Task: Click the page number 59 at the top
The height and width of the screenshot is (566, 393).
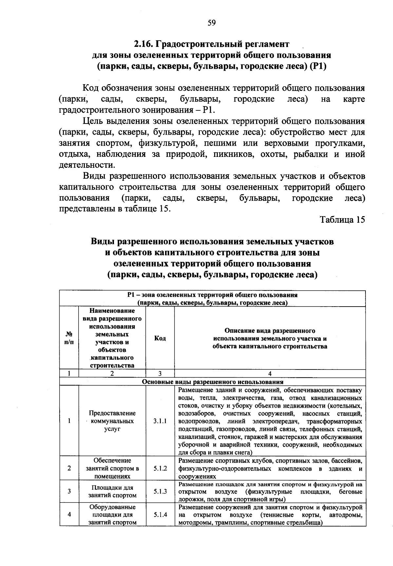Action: click(212, 23)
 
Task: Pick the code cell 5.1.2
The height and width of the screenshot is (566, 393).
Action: click(160, 468)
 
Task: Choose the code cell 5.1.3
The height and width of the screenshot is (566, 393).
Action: click(160, 492)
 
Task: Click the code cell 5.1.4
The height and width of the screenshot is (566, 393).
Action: click(160, 515)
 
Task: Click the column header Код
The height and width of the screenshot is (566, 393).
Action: click(160, 338)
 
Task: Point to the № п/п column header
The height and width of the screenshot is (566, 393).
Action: click(69, 338)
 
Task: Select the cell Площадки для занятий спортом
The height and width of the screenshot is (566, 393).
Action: click(112, 492)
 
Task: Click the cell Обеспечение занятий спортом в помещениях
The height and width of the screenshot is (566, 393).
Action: click(112, 468)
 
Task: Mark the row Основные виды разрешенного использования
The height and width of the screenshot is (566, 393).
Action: click(213, 382)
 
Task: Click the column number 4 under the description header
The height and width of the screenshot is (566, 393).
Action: click(270, 374)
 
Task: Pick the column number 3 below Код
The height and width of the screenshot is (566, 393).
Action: click(160, 374)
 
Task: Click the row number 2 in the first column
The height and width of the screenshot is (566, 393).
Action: click(69, 468)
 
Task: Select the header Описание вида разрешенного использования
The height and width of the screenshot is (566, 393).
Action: click(270, 338)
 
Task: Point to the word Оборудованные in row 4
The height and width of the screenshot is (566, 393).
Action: click(112, 507)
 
